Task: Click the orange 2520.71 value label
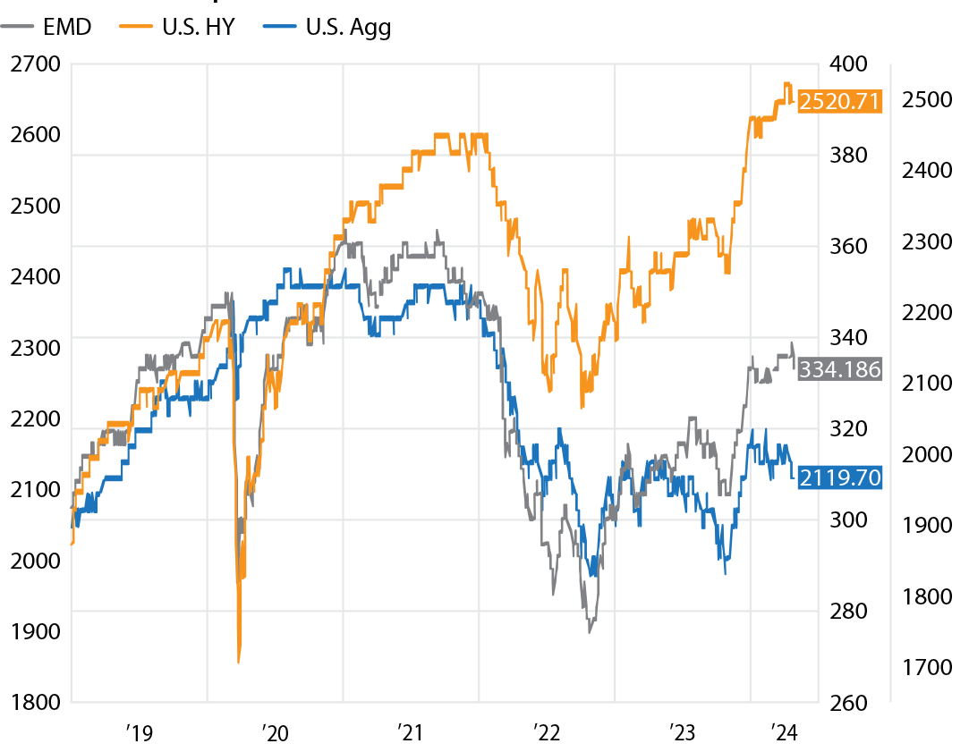(839, 100)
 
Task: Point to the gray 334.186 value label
(839, 368)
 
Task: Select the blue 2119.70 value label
(839, 477)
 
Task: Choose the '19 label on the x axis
(139, 733)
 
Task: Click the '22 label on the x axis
(546, 733)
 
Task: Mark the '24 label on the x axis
(785, 733)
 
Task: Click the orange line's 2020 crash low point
(239, 662)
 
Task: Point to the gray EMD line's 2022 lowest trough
(589, 632)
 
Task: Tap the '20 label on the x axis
(275, 733)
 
